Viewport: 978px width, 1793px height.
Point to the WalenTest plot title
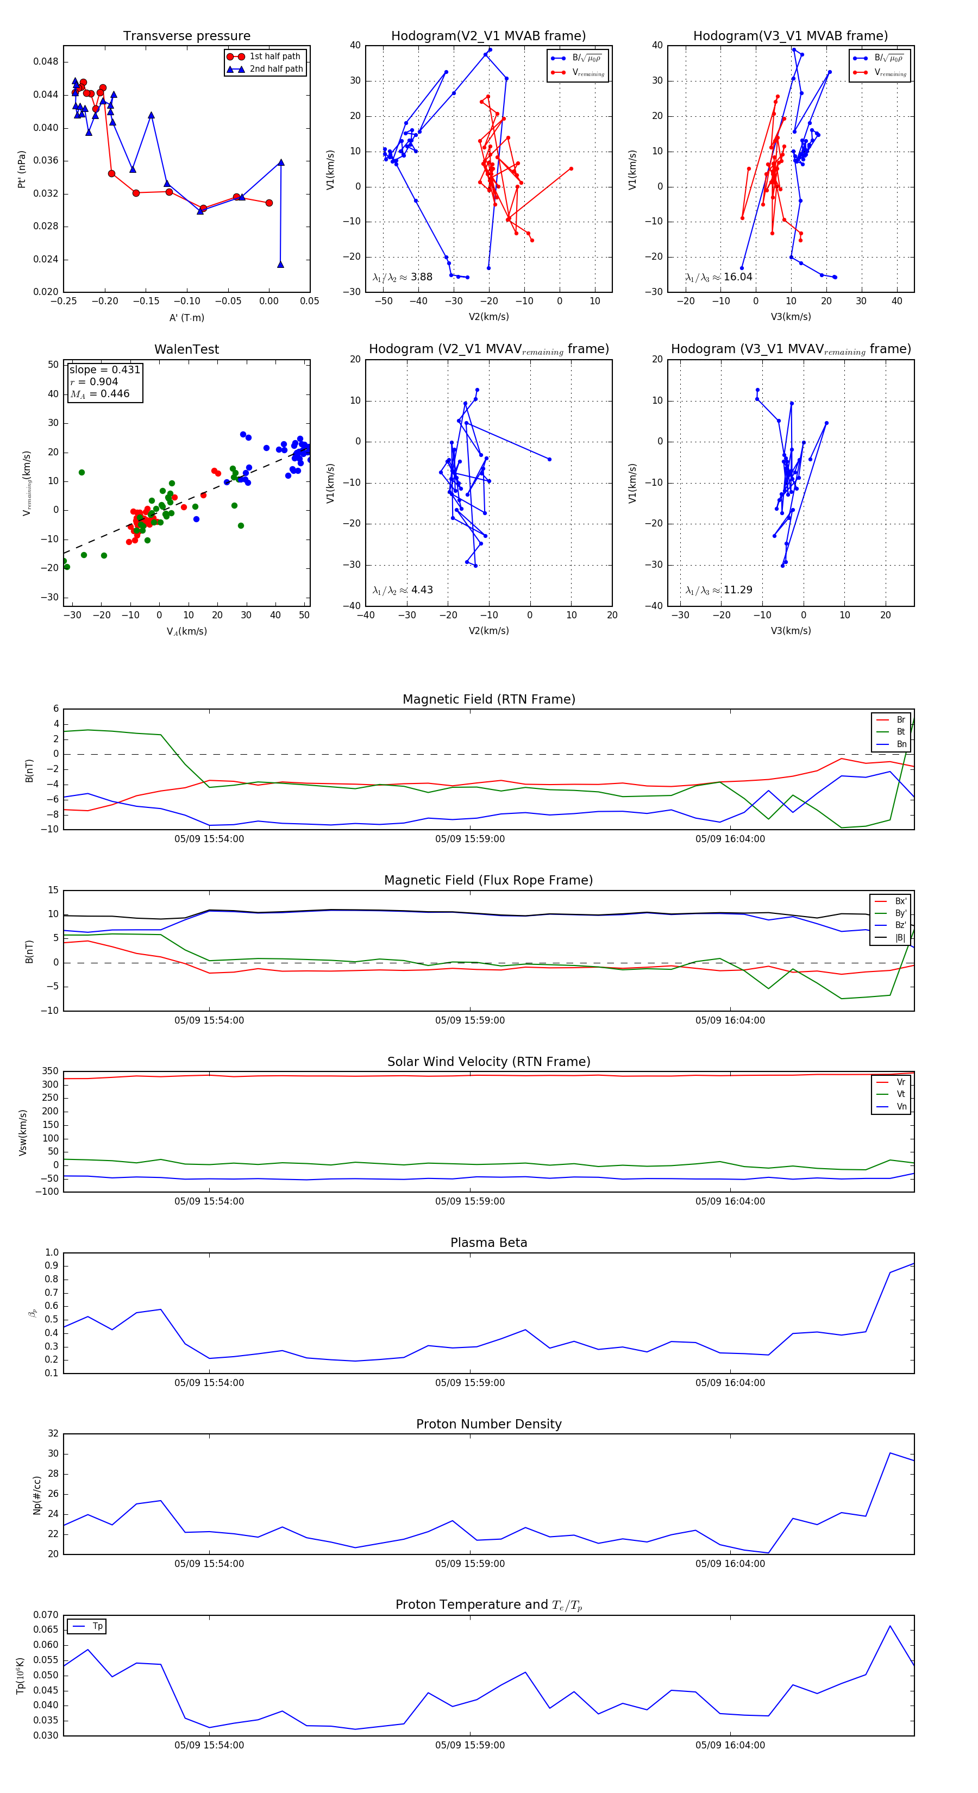[186, 349]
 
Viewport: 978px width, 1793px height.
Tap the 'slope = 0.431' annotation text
[104, 369]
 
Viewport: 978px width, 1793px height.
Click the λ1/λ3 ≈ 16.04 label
[718, 277]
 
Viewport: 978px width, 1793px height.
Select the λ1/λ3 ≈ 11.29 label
[718, 590]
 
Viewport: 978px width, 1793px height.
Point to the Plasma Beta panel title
[488, 1243]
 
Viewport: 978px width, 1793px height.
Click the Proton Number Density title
[488, 1424]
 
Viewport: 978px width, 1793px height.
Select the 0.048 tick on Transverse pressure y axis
[46, 61]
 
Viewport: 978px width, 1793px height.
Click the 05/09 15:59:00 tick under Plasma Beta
[470, 1383]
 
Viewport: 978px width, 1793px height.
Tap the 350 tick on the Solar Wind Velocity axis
[50, 1071]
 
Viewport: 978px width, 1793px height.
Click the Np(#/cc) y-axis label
[37, 1495]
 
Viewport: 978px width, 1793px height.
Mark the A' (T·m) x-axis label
[186, 318]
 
